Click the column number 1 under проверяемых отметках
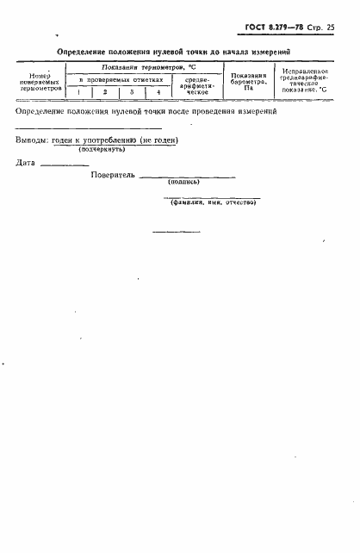pos(79,91)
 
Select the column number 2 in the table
pos(105,91)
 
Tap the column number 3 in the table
pos(132,91)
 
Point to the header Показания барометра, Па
pos(248,81)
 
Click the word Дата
pos(26,163)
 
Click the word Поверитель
pos(113,175)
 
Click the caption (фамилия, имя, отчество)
pos(212,202)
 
